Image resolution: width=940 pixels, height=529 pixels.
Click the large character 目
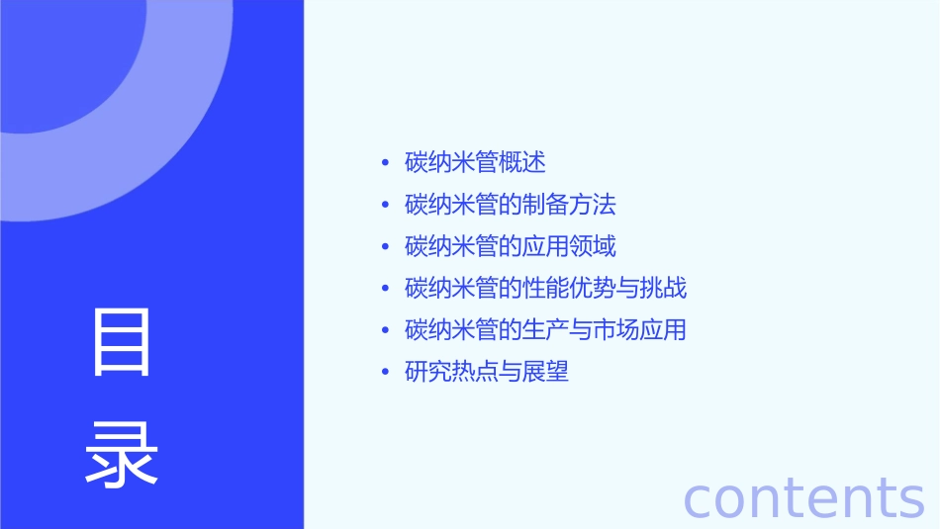[122, 342]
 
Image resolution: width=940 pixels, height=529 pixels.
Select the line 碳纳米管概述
[475, 162]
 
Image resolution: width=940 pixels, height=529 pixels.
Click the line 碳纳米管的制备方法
[511, 205]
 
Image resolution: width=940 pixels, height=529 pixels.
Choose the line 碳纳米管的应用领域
[511, 246]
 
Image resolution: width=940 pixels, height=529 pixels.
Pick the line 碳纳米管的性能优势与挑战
[545, 289]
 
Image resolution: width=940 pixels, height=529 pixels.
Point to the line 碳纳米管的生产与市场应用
[545, 330]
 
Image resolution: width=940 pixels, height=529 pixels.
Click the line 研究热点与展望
[487, 373]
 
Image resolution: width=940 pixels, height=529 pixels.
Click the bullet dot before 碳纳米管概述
[386, 163]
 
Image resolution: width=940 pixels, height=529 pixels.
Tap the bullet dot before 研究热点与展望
[386, 374]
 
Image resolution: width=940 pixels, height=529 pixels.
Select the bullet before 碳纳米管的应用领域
[386, 247]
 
